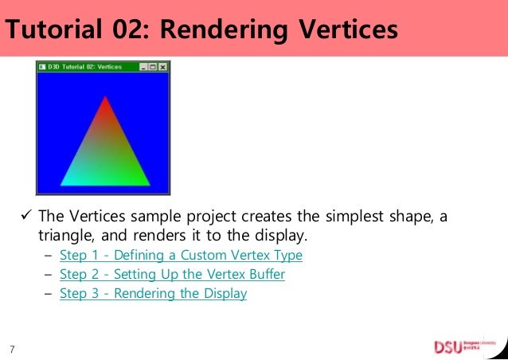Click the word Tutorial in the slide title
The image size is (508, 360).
(54, 29)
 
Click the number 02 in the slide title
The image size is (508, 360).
(134, 29)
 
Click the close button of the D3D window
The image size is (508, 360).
(163, 68)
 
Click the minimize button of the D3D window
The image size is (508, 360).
(143, 68)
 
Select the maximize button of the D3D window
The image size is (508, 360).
(153, 68)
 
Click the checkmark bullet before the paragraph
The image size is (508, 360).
(25, 217)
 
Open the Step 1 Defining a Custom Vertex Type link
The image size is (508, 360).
(181, 256)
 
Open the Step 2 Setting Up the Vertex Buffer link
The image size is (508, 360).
(172, 275)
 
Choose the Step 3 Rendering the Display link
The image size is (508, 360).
(153, 294)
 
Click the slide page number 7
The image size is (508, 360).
(12, 349)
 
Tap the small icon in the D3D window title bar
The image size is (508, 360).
(42, 68)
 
